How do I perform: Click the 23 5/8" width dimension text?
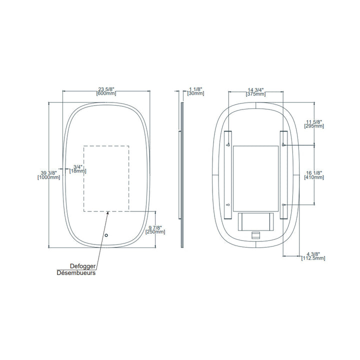click(106, 89)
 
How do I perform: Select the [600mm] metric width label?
click(106, 94)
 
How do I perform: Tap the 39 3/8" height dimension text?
click(49, 173)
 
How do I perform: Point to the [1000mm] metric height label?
click(49, 177)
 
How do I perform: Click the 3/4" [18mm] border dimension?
click(77, 169)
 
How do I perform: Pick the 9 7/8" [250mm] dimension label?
click(155, 230)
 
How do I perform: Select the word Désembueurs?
click(76, 273)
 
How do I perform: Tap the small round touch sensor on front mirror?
click(106, 235)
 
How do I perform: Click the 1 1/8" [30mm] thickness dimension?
click(195, 91)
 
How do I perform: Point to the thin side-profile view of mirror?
click(182, 175)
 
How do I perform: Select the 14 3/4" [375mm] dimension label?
click(256, 92)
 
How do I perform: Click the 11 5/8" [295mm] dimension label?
click(314, 123)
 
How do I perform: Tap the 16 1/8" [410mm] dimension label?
click(314, 175)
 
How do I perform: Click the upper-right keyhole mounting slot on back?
click(283, 145)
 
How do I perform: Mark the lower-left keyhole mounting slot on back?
click(227, 205)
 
